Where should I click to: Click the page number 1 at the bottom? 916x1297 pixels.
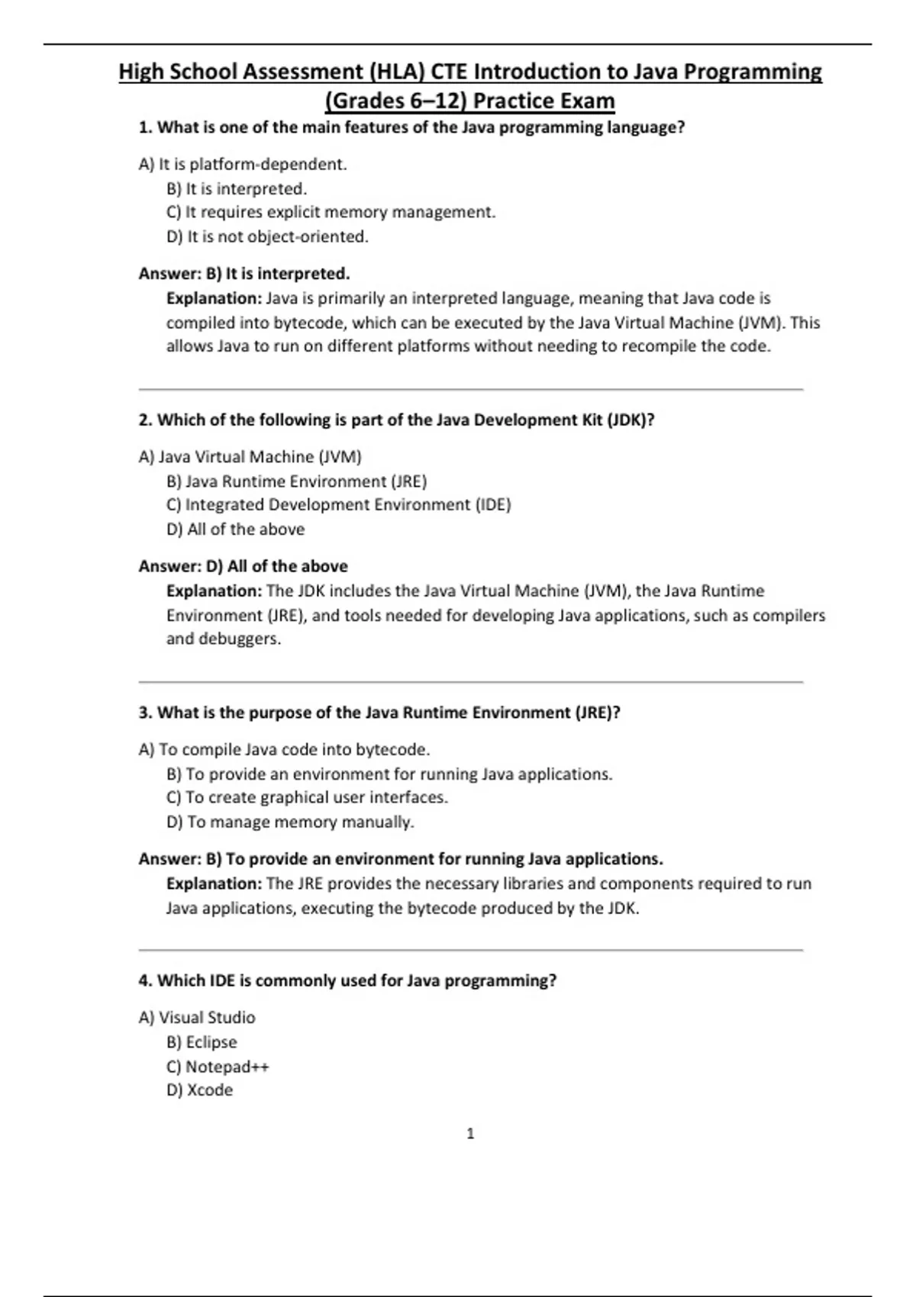[x=470, y=1134]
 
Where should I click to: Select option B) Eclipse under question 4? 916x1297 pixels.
[x=202, y=1042]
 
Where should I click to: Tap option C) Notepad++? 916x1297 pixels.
[x=218, y=1067]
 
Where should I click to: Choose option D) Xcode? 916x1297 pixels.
[x=199, y=1090]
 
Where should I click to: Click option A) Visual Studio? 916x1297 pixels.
[x=197, y=1018]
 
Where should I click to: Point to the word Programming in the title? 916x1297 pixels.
[x=752, y=72]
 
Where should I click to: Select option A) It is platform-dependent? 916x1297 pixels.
[x=243, y=164]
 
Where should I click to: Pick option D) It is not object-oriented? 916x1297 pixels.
[x=267, y=237]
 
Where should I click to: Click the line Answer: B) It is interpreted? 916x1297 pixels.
[x=244, y=273]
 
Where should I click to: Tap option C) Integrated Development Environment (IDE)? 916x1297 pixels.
[x=338, y=505]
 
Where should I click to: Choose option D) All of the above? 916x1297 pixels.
[x=235, y=529]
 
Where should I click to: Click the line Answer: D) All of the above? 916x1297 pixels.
[x=243, y=566]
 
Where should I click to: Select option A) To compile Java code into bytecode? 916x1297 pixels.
[x=284, y=749]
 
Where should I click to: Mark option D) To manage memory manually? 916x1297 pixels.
[x=290, y=822]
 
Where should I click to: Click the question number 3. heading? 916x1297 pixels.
[x=146, y=713]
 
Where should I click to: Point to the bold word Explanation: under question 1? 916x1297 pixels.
[x=214, y=298]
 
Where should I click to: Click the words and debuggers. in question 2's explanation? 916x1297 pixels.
[x=224, y=639]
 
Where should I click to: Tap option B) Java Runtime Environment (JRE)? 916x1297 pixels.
[x=296, y=481]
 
